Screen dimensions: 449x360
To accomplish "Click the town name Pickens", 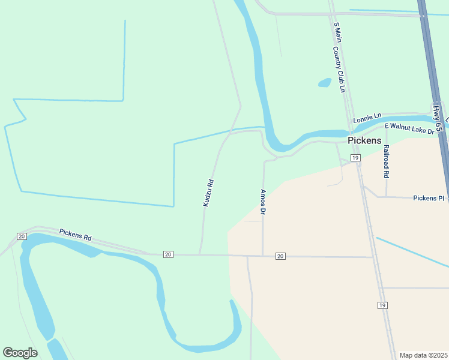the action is tap(364, 140).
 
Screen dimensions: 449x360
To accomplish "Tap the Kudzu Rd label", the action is tap(208, 193).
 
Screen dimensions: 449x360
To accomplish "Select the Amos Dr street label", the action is tap(263, 202).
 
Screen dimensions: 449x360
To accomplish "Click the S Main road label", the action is tap(338, 33).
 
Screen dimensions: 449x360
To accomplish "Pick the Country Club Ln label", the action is tap(342, 71).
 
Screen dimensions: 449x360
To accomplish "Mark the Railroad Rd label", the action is tap(387, 161).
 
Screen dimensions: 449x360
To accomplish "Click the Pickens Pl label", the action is tap(429, 197).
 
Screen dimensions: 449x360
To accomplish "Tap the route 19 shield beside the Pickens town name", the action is tap(355, 158).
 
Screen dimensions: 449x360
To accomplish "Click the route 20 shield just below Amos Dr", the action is tap(280, 256).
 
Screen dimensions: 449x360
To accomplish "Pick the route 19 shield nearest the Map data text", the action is tap(382, 305).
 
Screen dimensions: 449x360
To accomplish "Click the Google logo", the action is tap(20, 353).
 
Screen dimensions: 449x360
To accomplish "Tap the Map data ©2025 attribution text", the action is tap(423, 355).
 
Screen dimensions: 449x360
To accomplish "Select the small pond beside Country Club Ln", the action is tap(325, 82).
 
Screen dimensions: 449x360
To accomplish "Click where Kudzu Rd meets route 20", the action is tap(199, 255).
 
